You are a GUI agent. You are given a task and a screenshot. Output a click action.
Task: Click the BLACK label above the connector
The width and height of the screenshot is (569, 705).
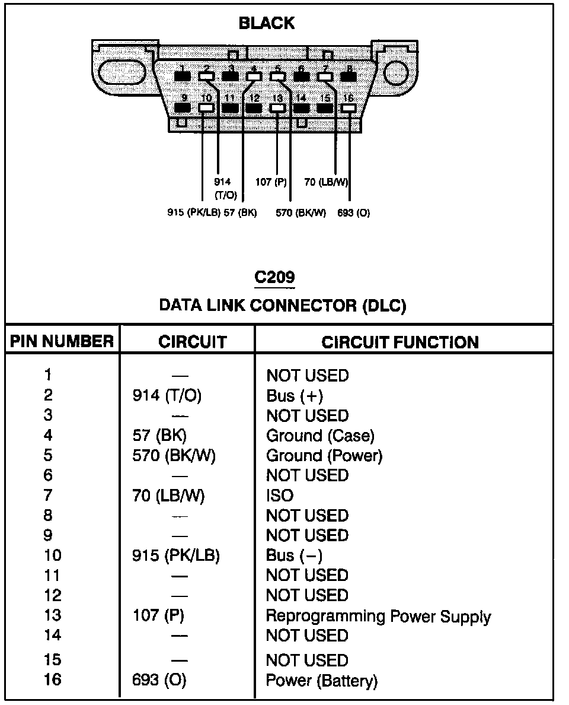pos(266,24)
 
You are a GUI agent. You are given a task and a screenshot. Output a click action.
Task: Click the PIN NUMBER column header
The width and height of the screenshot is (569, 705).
pos(62,342)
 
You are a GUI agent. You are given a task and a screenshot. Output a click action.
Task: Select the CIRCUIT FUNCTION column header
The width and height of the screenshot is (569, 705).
pos(400,342)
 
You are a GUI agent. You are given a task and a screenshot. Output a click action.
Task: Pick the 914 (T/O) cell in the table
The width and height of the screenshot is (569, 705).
pos(167,396)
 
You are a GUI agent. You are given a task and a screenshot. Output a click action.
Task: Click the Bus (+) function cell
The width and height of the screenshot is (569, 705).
pos(295,396)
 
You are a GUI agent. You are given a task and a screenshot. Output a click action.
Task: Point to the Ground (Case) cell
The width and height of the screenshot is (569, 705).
pos(320,436)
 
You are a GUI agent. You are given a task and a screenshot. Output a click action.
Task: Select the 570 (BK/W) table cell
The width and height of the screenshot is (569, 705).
pos(174,456)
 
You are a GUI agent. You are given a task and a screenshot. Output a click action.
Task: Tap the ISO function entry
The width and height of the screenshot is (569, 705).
pos(280,496)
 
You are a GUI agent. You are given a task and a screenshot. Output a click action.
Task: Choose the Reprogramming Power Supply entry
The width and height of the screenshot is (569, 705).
pos(378,616)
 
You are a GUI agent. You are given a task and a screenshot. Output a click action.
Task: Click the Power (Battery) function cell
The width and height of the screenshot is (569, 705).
pos(321,680)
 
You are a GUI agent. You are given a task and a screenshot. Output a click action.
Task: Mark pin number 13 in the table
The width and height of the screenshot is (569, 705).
pos(53,615)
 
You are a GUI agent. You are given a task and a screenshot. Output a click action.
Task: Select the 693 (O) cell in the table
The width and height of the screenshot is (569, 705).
pos(159,680)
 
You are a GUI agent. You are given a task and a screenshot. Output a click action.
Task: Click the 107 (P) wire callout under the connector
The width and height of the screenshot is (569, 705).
pos(271,182)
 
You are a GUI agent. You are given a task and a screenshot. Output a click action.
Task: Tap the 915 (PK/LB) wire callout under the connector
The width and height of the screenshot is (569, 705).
pos(194,213)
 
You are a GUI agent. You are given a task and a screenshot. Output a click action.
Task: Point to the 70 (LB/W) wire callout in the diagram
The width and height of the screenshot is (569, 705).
pos(325,182)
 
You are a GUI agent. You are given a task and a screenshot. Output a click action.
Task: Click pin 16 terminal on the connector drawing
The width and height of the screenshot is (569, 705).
pos(349,109)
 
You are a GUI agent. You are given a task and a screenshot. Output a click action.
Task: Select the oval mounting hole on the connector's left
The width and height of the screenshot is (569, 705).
pos(121,73)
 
